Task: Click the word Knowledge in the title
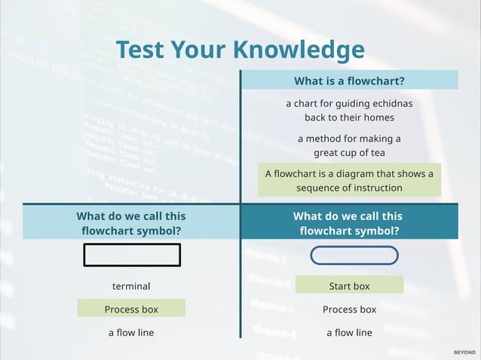pyautogui.click(x=299, y=50)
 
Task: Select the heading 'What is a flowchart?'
pyautogui.click(x=349, y=81)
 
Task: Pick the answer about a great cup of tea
pyautogui.click(x=349, y=145)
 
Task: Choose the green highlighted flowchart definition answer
pyautogui.click(x=349, y=181)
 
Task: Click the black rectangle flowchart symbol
pyautogui.click(x=132, y=255)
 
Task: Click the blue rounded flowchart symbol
pyautogui.click(x=354, y=255)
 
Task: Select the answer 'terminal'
pyautogui.click(x=131, y=286)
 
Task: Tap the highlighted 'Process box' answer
pyautogui.click(x=131, y=309)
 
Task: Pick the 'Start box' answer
pyautogui.click(x=349, y=286)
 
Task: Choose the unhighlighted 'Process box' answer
pyautogui.click(x=349, y=309)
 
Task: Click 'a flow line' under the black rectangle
pyautogui.click(x=131, y=332)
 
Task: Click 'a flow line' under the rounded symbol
pyautogui.click(x=349, y=332)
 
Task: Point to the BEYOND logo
pyautogui.click(x=464, y=352)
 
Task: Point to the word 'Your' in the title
pyautogui.click(x=201, y=50)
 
